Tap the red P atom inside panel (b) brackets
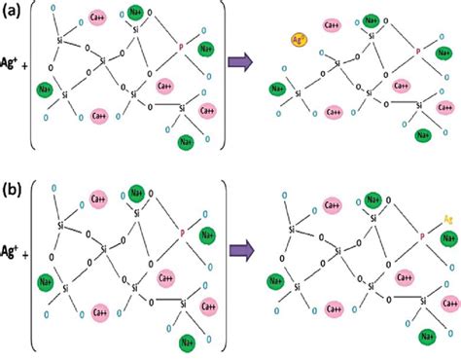pos(182,233)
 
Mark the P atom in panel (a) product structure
pos(418,52)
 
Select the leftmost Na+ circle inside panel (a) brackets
pos(45,90)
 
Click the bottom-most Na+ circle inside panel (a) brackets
pos(186,144)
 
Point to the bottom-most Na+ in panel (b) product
pos(425,337)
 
